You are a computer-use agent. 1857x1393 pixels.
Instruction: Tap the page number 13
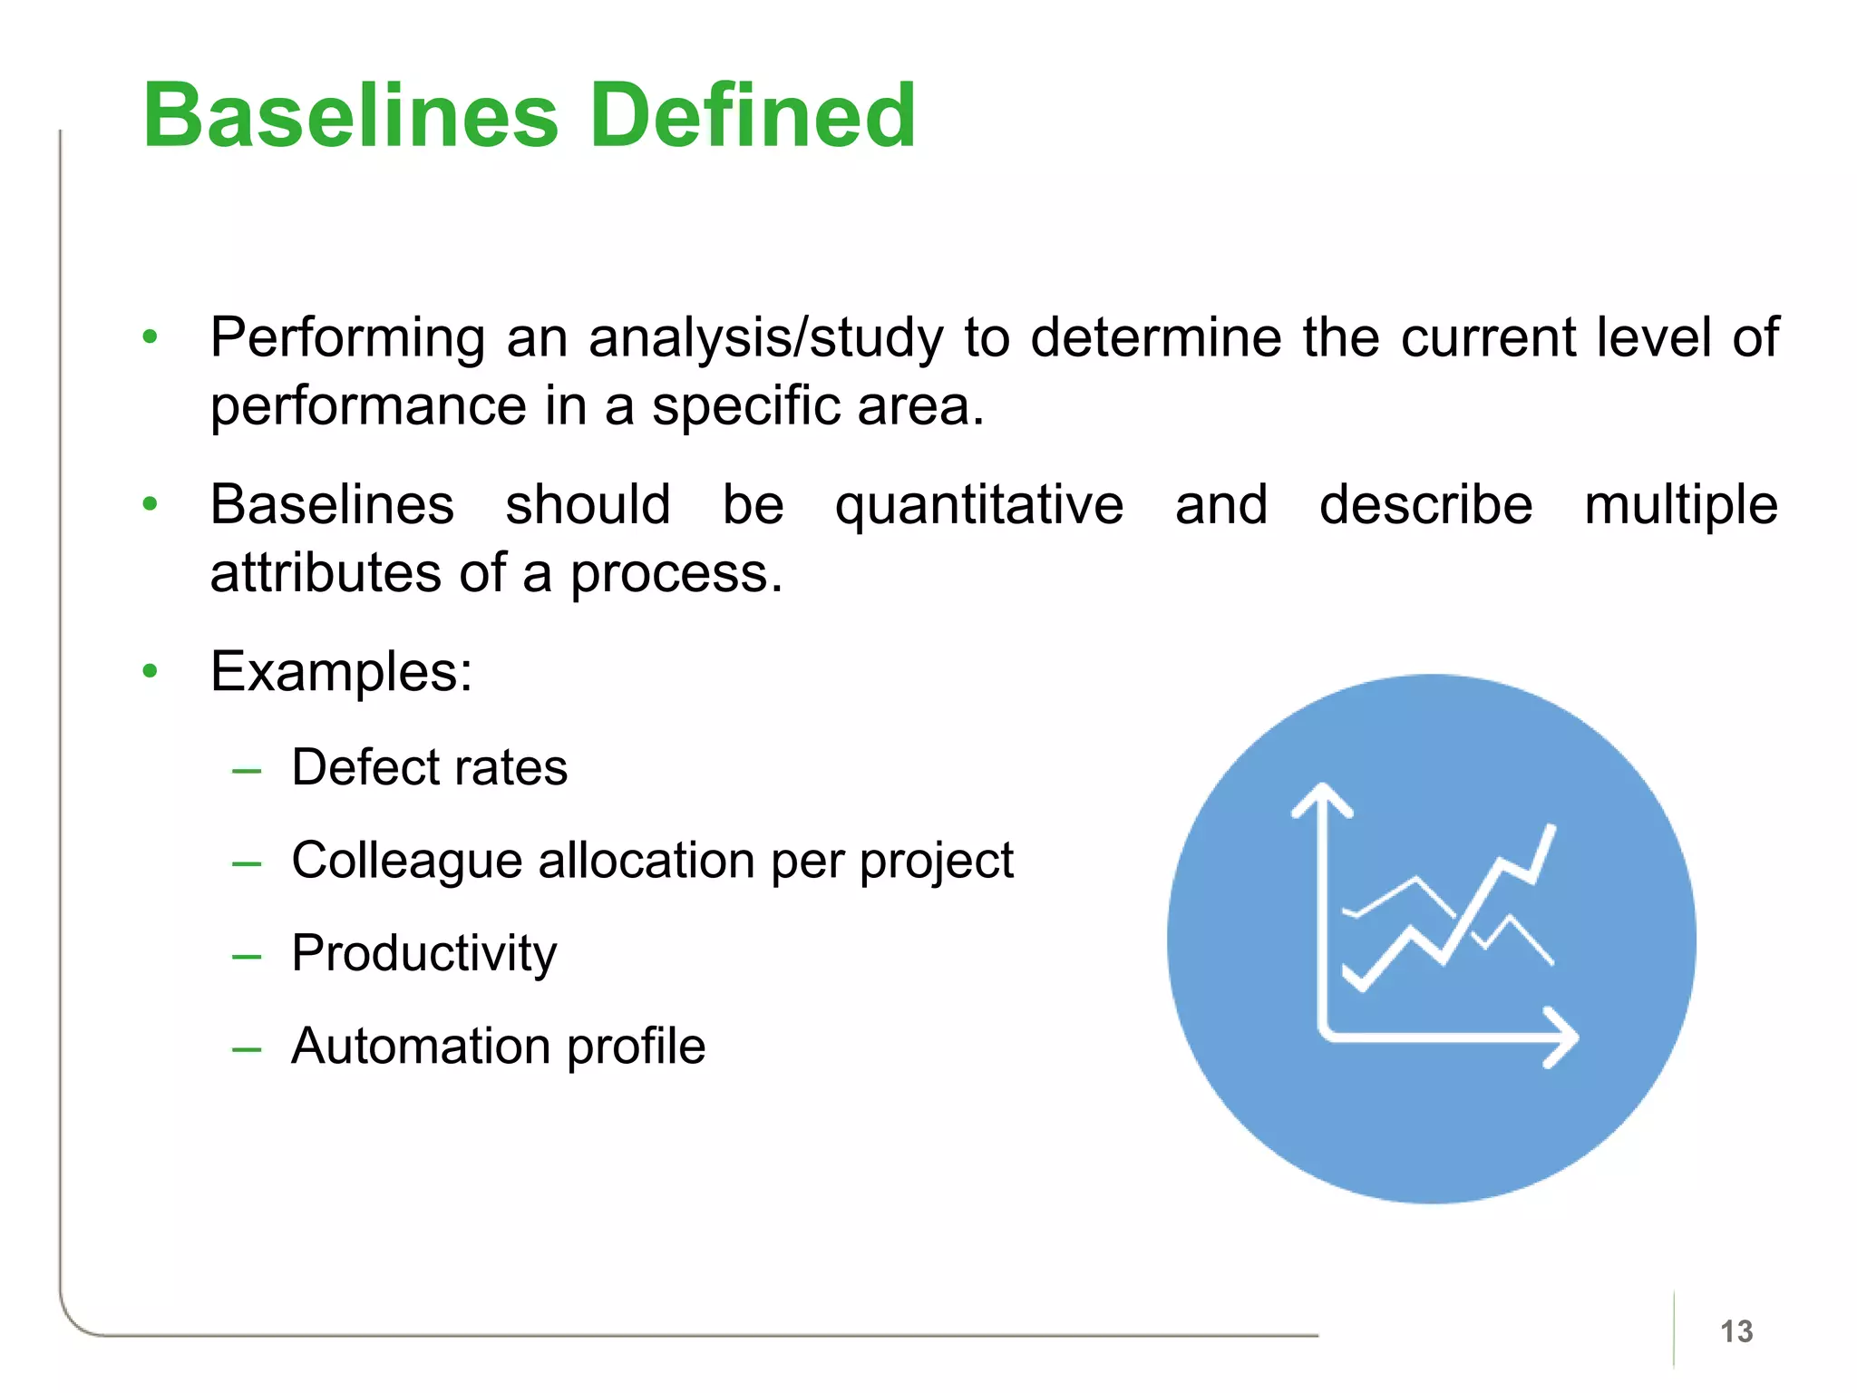click(x=1736, y=1331)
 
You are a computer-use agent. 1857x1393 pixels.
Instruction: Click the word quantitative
click(x=979, y=505)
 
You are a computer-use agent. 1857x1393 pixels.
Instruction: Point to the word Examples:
click(x=341, y=672)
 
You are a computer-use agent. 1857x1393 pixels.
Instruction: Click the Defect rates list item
click(x=429, y=767)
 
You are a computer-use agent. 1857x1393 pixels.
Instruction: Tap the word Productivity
click(x=423, y=954)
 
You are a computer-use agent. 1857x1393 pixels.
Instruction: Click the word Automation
click(x=420, y=1047)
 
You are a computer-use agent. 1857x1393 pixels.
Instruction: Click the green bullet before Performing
click(x=151, y=336)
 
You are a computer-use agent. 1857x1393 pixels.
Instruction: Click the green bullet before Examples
click(x=151, y=671)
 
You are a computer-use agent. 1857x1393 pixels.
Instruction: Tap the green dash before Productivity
click(x=247, y=956)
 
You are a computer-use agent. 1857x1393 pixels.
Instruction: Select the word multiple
click(x=1680, y=505)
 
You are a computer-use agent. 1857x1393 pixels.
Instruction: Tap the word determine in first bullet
click(x=1156, y=338)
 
